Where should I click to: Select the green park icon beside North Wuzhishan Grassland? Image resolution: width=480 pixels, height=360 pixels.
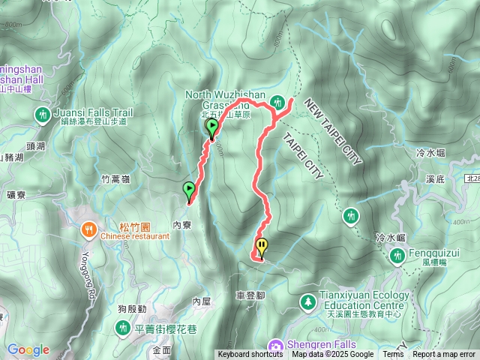(x=278, y=101)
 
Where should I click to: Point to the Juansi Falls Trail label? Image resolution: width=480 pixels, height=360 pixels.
(x=93, y=112)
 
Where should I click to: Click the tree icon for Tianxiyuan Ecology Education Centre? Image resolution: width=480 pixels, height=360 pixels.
(x=307, y=302)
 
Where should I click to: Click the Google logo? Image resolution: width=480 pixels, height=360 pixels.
(x=28, y=349)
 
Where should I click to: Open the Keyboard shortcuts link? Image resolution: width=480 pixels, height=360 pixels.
(x=250, y=355)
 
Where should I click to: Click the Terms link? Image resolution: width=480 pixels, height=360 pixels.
(x=393, y=355)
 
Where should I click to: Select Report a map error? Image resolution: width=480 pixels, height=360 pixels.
(x=445, y=355)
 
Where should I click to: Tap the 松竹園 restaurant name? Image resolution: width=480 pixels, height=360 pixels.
(x=114, y=226)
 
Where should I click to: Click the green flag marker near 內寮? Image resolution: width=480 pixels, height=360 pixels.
(x=189, y=190)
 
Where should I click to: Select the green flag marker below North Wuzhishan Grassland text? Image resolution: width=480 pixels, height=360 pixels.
(x=212, y=128)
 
